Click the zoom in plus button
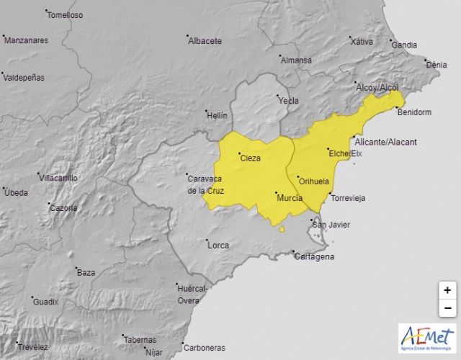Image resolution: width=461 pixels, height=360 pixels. pos(447,290)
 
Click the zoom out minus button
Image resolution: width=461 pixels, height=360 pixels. pos(447,307)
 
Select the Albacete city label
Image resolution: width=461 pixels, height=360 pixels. pos(205,41)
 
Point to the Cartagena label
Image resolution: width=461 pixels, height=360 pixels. pos(315,256)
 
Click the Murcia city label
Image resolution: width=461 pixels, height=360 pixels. pos(290,196)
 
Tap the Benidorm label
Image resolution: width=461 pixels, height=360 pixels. pos(414,111)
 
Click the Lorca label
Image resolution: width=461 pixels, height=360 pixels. pos(218,246)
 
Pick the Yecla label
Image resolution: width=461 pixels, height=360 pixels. pos(289,101)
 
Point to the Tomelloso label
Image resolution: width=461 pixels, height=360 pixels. pos(66,14)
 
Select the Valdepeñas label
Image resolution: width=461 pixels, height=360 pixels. pos(24,76)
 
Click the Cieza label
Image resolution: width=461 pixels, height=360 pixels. pos(250,158)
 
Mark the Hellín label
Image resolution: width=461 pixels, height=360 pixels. pos(216,115)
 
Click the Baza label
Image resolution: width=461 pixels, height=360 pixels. pos(86,273)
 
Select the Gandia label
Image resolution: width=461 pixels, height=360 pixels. pos(404,45)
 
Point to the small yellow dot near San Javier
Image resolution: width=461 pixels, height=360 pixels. pos(283,230)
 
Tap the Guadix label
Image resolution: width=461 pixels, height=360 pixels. pos(45,302)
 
